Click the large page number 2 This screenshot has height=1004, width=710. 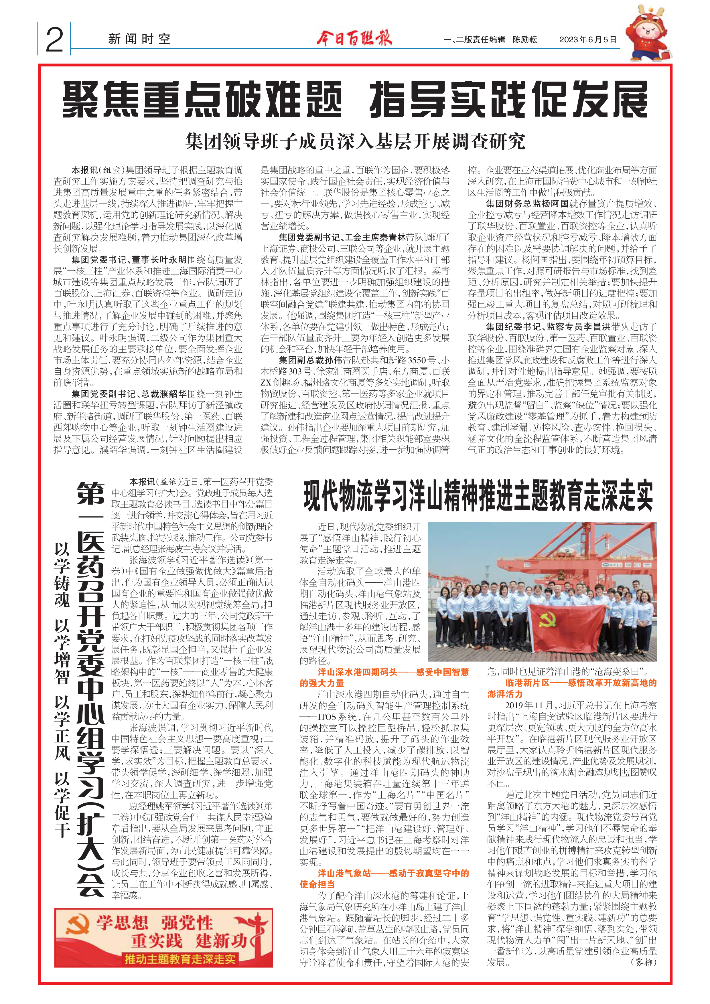54,40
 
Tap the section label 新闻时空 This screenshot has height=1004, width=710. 139,39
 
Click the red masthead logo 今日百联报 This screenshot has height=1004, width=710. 354,38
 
